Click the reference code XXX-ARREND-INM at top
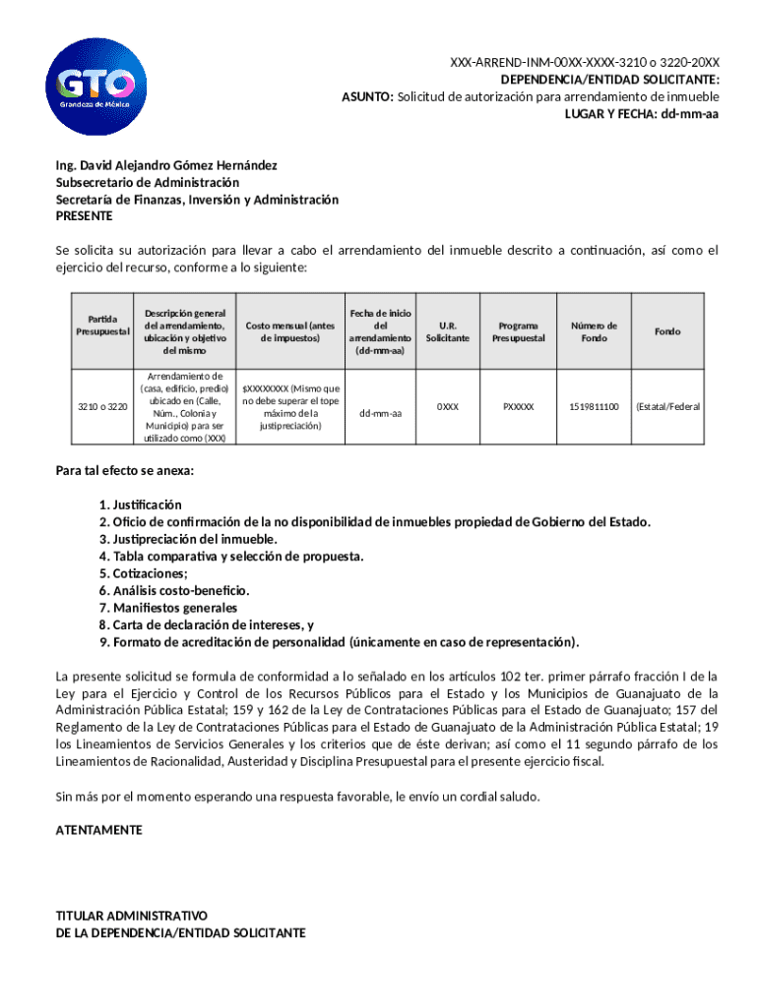585,62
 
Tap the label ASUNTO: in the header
367,96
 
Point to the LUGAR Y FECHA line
641,114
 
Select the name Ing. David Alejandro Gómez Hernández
166,165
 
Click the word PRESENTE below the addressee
85,215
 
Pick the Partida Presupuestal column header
103,326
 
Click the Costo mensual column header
290,331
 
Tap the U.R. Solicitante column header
448,331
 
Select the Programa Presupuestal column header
518,331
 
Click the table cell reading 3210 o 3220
103,407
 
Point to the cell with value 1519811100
594,406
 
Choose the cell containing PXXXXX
518,406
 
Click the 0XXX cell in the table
448,406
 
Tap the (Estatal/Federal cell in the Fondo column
667,406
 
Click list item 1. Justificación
140,504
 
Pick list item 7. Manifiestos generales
167,608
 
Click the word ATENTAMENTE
99,830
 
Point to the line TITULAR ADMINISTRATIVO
131,915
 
